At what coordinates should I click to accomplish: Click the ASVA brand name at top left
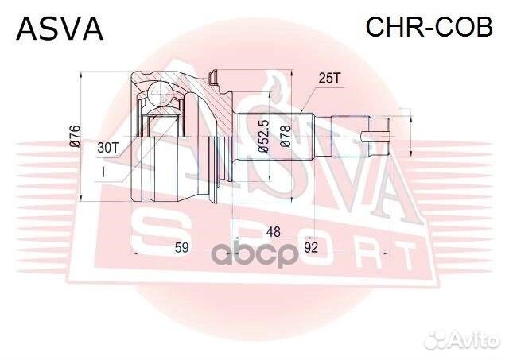click(x=60, y=29)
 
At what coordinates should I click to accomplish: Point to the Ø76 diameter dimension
click(x=74, y=136)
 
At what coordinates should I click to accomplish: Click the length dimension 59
click(x=181, y=248)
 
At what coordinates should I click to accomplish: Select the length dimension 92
click(x=311, y=248)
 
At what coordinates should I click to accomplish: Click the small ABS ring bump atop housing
click(x=212, y=76)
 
